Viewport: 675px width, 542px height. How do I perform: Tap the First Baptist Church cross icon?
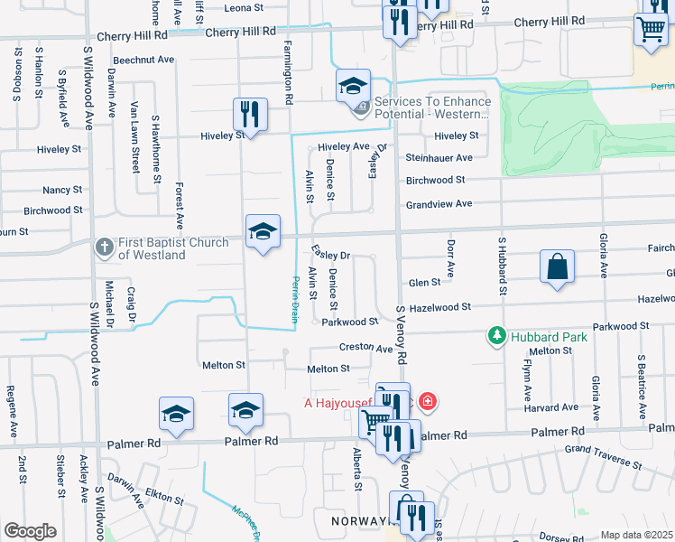point(105,246)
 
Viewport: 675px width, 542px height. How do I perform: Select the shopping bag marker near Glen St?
point(558,268)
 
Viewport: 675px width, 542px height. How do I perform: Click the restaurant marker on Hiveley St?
point(249,115)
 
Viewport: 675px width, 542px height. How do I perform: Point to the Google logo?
point(30,530)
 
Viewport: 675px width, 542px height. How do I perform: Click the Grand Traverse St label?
point(602,457)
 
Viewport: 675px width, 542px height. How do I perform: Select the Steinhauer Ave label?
point(439,158)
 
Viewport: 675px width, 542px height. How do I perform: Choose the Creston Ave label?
point(365,348)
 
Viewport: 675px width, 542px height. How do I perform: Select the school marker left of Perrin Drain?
point(264,232)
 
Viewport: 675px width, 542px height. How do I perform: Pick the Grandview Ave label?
point(439,204)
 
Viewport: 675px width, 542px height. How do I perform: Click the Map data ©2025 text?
point(637,535)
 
